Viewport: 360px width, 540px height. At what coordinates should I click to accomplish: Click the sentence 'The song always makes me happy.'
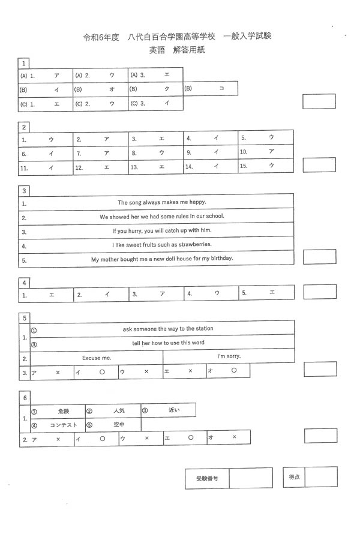coord(161,203)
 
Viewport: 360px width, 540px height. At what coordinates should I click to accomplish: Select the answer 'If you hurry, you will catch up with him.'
coord(162,230)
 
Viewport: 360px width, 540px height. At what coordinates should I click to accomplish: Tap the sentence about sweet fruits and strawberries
coord(162,245)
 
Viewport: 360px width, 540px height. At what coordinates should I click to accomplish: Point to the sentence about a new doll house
coord(162,259)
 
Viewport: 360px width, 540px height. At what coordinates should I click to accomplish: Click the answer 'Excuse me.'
coord(97,358)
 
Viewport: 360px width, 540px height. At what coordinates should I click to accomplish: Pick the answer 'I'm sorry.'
coord(229,356)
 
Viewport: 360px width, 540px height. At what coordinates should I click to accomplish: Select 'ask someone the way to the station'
coord(168,329)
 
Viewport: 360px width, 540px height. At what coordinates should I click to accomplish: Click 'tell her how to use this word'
coord(169,343)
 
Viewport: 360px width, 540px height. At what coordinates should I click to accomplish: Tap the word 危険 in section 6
coord(64,411)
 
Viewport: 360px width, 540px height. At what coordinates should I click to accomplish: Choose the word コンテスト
coord(64,425)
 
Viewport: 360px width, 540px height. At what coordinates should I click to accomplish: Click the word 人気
coord(118,411)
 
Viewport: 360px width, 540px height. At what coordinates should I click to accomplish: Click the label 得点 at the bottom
coord(294,477)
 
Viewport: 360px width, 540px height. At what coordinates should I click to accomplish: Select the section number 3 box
coord(24,191)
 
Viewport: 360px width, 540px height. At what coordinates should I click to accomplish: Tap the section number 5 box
coord(24,317)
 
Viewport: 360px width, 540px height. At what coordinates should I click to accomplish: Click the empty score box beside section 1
coord(319,101)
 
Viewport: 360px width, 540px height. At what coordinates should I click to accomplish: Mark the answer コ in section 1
coord(221,89)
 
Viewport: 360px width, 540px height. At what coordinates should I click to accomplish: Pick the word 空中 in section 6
coord(119,425)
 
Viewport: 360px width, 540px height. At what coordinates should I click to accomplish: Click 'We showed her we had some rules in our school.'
coord(162,217)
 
